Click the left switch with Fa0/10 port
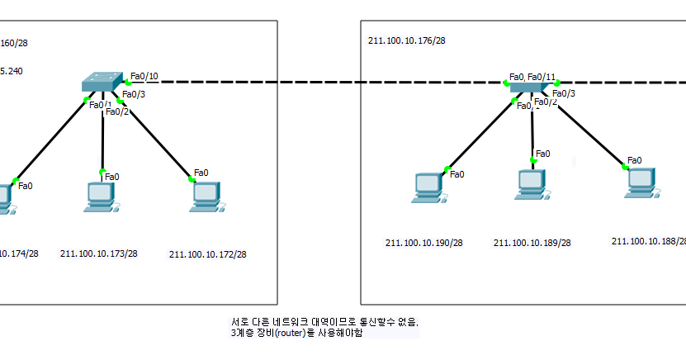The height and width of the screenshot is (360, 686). [102, 82]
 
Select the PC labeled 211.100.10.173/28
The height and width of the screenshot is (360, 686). [100, 196]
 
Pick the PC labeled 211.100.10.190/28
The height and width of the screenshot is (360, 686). [428, 187]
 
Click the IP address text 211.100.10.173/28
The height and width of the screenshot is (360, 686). [98, 253]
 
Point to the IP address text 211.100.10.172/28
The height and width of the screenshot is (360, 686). [207, 254]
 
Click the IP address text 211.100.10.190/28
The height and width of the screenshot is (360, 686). [423, 243]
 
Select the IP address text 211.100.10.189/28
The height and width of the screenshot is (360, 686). [532, 243]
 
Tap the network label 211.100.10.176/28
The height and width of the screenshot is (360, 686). [407, 40]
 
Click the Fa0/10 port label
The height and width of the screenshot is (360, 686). [144, 77]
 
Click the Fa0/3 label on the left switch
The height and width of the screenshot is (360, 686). [134, 94]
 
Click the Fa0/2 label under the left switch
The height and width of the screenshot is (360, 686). [117, 111]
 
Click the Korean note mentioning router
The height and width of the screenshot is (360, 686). [325, 327]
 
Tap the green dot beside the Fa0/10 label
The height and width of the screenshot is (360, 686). [127, 82]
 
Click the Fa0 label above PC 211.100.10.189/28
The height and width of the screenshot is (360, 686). [543, 153]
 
